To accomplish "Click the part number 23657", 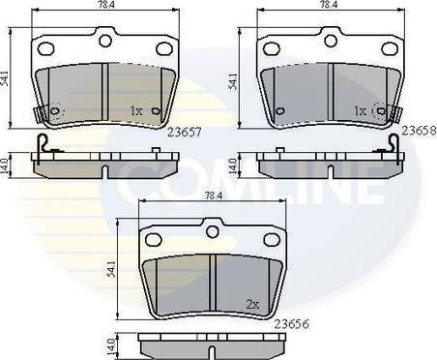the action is pos(185,132).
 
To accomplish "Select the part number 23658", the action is pos(420,131).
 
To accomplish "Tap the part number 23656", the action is pos(291,323).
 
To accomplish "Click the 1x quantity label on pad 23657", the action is pos(136,111).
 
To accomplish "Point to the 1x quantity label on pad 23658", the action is pos(360,111).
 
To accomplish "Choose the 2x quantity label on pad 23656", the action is pos(252,304).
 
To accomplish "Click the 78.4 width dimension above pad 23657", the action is pos(105,4).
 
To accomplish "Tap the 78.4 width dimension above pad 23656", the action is pos(210,195).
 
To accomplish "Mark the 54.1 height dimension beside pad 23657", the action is pos(5,79).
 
